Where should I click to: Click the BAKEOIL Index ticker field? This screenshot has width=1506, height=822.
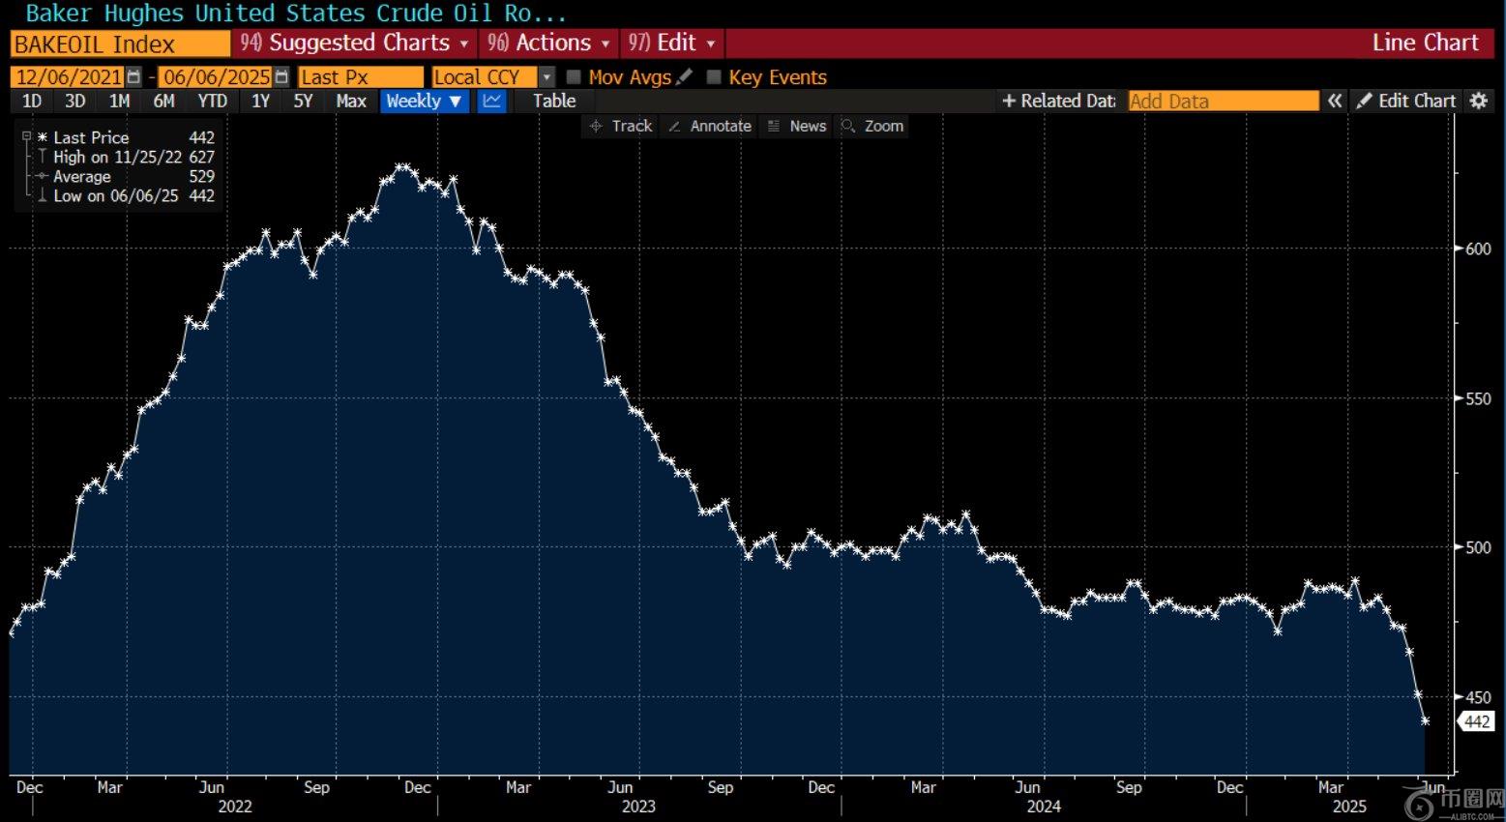point(120,44)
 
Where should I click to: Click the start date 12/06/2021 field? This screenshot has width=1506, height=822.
point(70,77)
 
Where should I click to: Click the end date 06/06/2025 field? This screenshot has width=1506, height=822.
point(217,77)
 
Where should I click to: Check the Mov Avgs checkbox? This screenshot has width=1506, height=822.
point(574,77)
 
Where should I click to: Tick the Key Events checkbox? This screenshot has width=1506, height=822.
point(714,77)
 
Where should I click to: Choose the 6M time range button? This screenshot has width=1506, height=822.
point(163,102)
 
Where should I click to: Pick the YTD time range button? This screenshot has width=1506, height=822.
point(212,102)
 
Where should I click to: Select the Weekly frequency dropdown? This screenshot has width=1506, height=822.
point(424,102)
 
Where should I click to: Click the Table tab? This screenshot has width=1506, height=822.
point(553,102)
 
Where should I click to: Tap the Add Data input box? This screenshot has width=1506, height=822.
point(1223,102)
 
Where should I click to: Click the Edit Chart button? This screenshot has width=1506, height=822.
point(1406,102)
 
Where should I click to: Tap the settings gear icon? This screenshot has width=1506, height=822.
point(1479,102)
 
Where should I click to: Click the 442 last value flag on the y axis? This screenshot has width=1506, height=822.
point(1476,721)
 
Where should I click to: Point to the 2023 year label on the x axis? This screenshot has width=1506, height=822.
point(638,807)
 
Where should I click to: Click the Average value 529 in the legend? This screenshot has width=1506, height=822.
point(201,177)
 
